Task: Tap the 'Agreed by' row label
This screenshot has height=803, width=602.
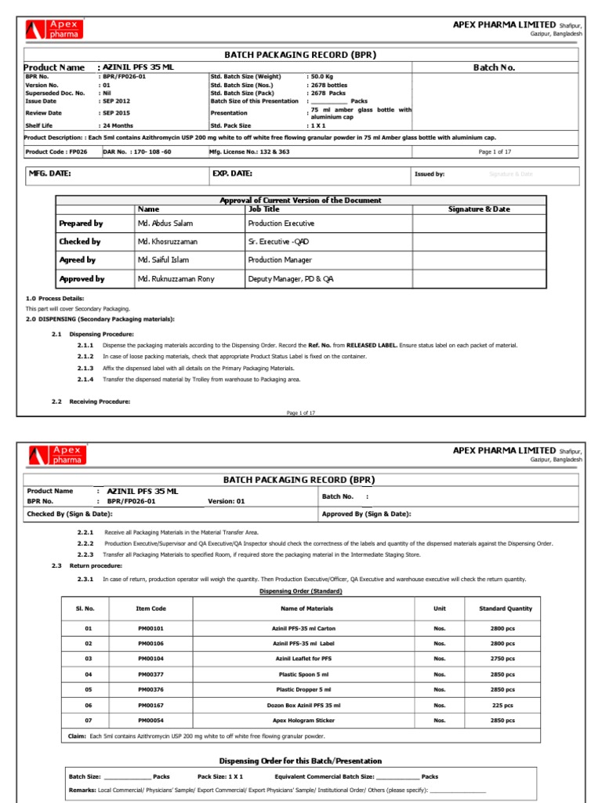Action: tap(78, 260)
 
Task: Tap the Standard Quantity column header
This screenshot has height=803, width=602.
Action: tap(505, 608)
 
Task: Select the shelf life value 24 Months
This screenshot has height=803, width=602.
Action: tap(117, 125)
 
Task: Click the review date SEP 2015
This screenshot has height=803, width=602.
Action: tap(114, 112)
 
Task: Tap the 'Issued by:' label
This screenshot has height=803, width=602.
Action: tap(430, 174)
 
